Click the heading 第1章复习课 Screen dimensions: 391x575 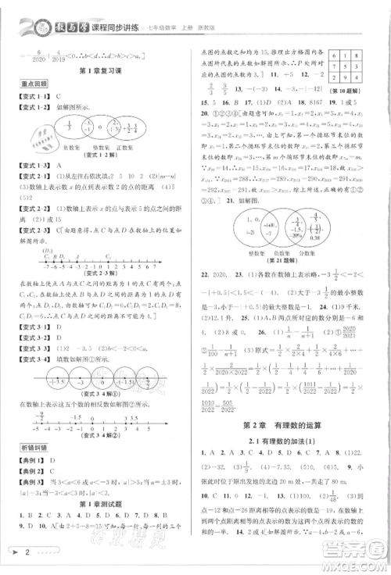click(x=97, y=73)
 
